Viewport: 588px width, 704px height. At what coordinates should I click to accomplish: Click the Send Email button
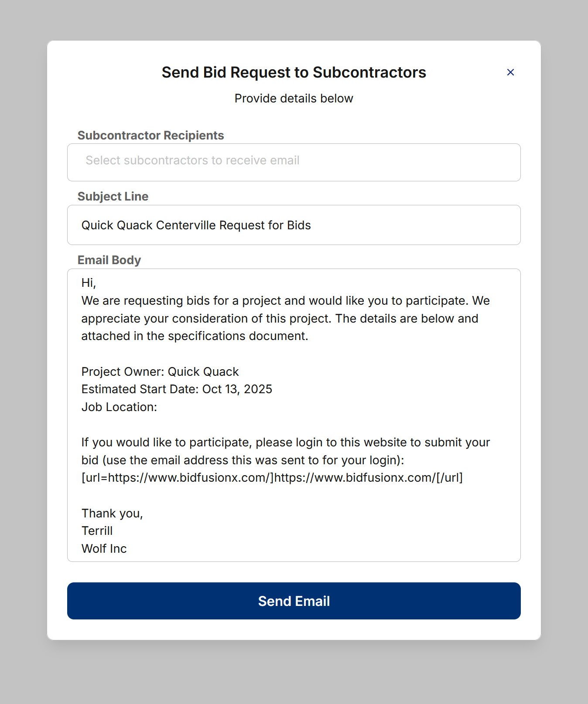[294, 601]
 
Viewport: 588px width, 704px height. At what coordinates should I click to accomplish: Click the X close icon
[510, 72]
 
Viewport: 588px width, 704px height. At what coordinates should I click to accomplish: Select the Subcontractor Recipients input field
[294, 162]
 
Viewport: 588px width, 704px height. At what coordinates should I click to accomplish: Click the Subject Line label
[113, 197]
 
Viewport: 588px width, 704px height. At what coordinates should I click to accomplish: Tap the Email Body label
[109, 260]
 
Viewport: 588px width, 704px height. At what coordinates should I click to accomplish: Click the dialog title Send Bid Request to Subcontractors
[294, 72]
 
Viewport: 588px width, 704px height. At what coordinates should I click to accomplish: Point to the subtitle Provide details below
[294, 99]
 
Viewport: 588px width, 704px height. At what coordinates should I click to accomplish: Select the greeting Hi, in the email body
[89, 283]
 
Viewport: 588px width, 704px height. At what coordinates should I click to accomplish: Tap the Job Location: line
[119, 407]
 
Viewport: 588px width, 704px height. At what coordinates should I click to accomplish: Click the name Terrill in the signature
[97, 531]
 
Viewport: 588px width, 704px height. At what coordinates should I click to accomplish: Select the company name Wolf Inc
[104, 549]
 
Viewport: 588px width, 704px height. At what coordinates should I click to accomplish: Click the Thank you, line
[112, 514]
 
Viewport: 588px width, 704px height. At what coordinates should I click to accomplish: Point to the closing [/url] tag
[449, 478]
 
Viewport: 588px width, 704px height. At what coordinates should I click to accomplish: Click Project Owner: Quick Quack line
[160, 372]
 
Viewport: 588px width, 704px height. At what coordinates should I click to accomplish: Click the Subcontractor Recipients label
[150, 136]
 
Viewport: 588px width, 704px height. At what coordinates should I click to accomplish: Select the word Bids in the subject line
[299, 225]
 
